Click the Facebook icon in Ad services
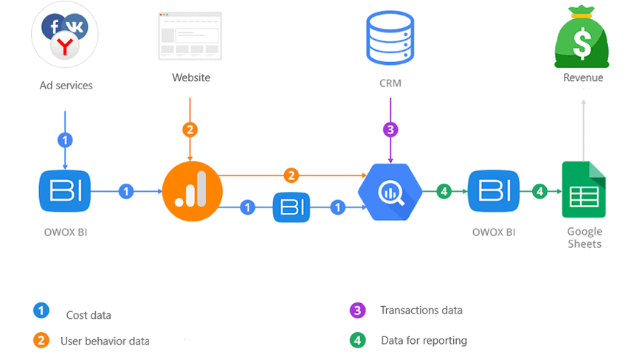coord(53,27)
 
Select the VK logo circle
coord(75,27)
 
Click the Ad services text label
coord(66,86)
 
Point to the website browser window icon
coord(190,35)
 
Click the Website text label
coord(191,77)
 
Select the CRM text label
coord(390,83)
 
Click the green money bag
coord(583,37)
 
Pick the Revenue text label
coord(583,77)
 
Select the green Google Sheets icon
coord(584,190)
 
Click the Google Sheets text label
coord(585,238)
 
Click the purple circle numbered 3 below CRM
coord(390,130)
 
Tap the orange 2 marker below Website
coord(190,130)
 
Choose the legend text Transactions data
coord(421,311)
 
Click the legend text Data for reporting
coord(424,340)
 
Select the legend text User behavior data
coord(105,341)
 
